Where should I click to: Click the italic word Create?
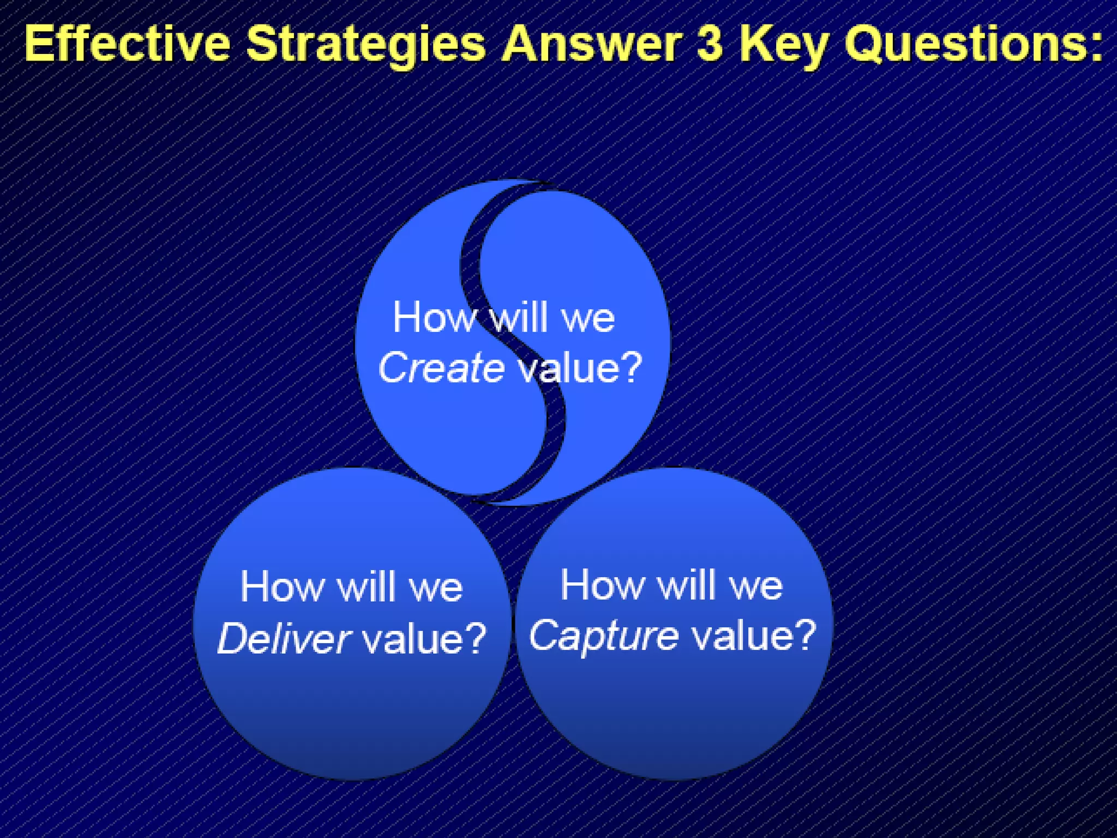441,368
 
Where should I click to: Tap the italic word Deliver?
284,638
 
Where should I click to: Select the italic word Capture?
604,636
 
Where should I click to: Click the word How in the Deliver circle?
283,587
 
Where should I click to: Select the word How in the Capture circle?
602,585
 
